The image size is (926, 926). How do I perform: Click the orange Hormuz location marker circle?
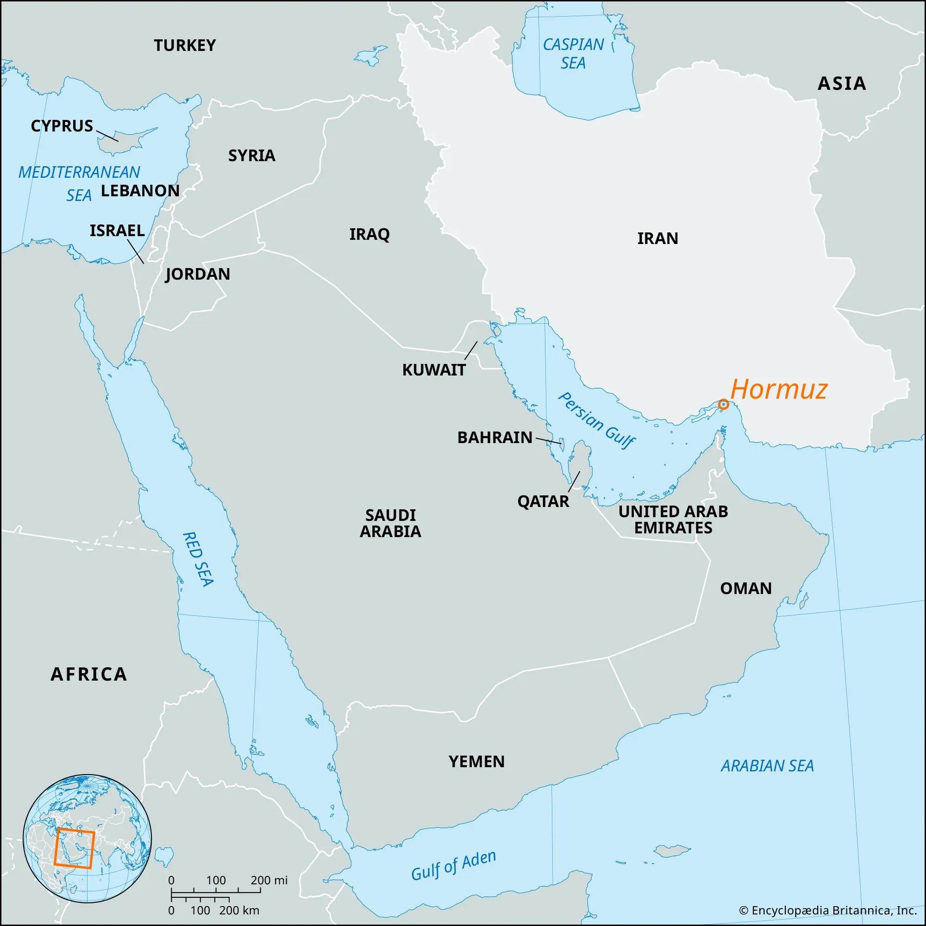(723, 405)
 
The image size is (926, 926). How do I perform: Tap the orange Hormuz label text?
(779, 389)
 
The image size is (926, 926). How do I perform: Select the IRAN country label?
(657, 238)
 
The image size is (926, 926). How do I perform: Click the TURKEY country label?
(185, 45)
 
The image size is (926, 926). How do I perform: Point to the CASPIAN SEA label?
(573, 54)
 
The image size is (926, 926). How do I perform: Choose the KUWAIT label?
(434, 370)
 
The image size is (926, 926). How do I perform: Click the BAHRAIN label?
(494, 437)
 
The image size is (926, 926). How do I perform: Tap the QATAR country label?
(543, 501)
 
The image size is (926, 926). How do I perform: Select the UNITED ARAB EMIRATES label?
(673, 519)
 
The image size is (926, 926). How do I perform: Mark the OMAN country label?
(746, 588)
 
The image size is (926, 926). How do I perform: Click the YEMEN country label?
(476, 762)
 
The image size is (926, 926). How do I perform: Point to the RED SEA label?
(198, 559)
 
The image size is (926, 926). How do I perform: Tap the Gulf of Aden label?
(453, 866)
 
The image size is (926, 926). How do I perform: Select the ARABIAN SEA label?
(767, 766)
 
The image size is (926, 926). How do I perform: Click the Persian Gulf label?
(597, 420)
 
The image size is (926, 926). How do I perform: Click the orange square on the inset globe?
(74, 848)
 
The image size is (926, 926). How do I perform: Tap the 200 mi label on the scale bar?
(269, 880)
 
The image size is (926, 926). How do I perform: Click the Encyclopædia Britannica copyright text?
(828, 910)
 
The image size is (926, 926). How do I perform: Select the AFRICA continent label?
(89, 675)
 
